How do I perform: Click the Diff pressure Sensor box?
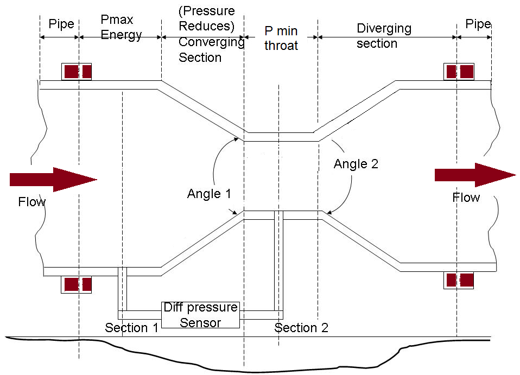[201, 315]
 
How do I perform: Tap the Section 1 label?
[132, 328]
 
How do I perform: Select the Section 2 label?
[301, 328]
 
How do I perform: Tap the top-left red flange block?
[77, 72]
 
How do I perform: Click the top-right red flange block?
[459, 72]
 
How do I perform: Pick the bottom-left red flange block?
[77, 284]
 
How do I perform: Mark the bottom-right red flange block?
[459, 280]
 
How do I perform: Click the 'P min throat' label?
[281, 39]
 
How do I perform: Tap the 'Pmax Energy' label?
[121, 28]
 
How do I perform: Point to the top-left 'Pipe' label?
[61, 24]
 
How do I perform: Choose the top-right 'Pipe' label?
[478, 24]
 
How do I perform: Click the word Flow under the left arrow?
[32, 202]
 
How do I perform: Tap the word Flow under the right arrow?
[466, 198]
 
